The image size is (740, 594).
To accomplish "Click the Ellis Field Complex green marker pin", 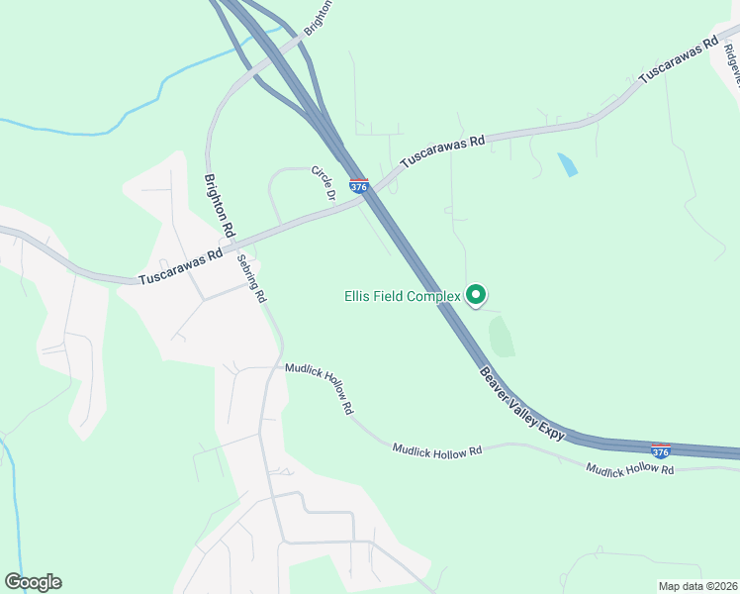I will click(x=476, y=294).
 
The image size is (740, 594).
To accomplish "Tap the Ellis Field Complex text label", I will click(x=403, y=296).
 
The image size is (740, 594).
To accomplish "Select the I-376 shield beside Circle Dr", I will click(x=359, y=186).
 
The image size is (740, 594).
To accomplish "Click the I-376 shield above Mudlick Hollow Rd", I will click(x=661, y=450).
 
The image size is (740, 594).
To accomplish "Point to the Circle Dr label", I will click(x=324, y=182).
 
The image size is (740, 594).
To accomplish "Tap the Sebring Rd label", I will click(x=252, y=279).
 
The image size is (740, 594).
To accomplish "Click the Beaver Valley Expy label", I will click(x=522, y=404).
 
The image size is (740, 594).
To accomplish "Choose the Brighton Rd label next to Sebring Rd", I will click(x=220, y=205).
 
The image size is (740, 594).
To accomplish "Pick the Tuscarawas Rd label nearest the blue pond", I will click(x=443, y=152).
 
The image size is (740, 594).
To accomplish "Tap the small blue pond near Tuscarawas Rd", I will click(x=568, y=164).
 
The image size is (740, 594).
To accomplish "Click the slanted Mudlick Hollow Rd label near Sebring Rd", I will click(x=320, y=387).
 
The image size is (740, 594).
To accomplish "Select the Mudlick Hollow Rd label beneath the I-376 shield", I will click(x=629, y=468).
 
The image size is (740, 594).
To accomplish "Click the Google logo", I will click(x=33, y=582).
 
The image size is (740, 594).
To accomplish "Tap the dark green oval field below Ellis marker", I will click(x=502, y=337).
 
